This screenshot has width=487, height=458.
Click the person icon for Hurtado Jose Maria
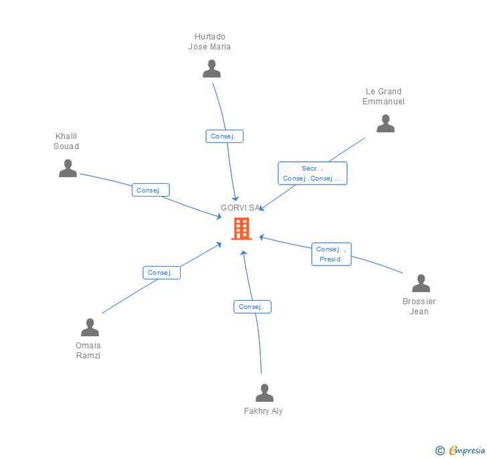pyautogui.click(x=211, y=69)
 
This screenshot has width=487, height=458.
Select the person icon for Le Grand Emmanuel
pyautogui.click(x=385, y=124)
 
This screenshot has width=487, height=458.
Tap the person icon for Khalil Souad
pyautogui.click(x=68, y=168)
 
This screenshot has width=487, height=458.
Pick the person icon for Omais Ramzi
pyautogui.click(x=90, y=328)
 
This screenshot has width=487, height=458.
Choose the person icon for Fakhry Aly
pyautogui.click(x=264, y=393)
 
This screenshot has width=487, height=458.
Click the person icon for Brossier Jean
pyautogui.click(x=421, y=283)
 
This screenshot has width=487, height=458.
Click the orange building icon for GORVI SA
pyautogui.click(x=241, y=229)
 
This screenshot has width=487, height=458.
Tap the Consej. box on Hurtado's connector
pyautogui.click(x=224, y=136)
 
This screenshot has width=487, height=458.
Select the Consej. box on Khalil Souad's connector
pyautogui.click(x=151, y=190)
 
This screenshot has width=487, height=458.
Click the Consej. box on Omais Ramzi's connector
pyautogui.click(x=161, y=272)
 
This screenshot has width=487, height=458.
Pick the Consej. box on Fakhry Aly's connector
pyautogui.click(x=252, y=307)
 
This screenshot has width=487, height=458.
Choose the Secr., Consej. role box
pyautogui.click(x=312, y=173)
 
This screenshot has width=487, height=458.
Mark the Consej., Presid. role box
pyautogui.click(x=331, y=254)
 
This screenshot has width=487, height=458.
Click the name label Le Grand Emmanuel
pyautogui.click(x=383, y=96)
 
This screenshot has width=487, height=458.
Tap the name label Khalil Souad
pyautogui.click(x=66, y=141)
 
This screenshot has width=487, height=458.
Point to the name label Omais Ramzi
pyautogui.click(x=88, y=350)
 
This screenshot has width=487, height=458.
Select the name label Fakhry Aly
pyautogui.click(x=263, y=411)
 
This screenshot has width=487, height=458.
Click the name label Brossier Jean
pyautogui.click(x=419, y=306)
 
